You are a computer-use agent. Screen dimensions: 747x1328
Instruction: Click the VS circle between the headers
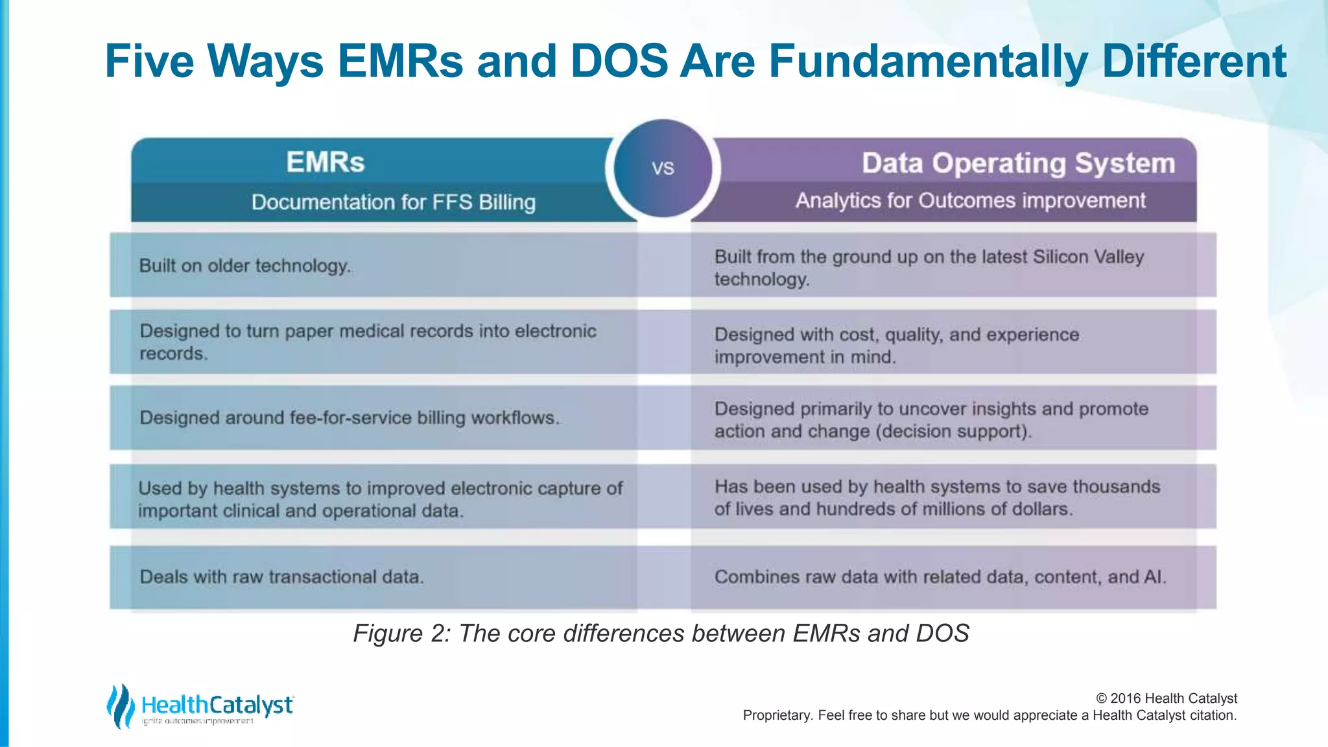click(663, 168)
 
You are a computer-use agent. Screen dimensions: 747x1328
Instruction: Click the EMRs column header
click(326, 162)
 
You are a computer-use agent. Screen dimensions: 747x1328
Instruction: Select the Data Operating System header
click(1018, 163)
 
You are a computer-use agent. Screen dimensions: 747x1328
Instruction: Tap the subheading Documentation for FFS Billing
click(394, 202)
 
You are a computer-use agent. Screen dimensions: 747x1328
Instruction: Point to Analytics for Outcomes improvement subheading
click(970, 201)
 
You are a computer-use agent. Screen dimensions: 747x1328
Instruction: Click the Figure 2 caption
click(661, 634)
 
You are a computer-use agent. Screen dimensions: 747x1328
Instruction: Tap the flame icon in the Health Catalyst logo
click(120, 705)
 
